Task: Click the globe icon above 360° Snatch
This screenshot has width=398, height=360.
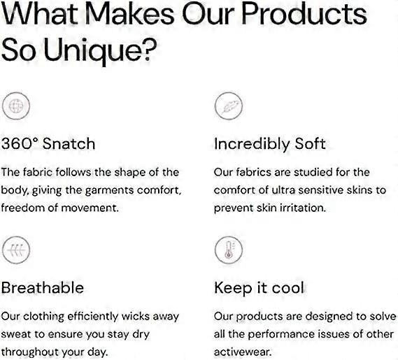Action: pyautogui.click(x=15, y=106)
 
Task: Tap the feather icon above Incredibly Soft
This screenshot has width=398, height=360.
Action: pyautogui.click(x=229, y=106)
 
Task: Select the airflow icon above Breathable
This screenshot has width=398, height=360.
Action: pyautogui.click(x=15, y=250)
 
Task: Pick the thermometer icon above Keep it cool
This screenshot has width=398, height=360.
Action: pyautogui.click(x=229, y=250)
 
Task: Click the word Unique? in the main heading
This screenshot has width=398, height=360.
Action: pyautogui.click(x=100, y=50)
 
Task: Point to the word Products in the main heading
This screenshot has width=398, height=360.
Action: pyautogui.click(x=304, y=13)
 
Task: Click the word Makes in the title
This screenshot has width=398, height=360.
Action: pyautogui.click(x=130, y=13)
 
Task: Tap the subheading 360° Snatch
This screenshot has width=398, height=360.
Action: pyautogui.click(x=48, y=143)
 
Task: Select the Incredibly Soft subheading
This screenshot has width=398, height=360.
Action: pyautogui.click(x=270, y=144)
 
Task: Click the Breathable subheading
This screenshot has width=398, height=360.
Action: pyautogui.click(x=43, y=288)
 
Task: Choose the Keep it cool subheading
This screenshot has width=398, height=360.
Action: pyautogui.click(x=259, y=288)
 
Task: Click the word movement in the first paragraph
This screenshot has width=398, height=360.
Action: pyautogui.click(x=90, y=208)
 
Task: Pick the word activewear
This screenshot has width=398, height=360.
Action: pyautogui.click(x=243, y=352)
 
